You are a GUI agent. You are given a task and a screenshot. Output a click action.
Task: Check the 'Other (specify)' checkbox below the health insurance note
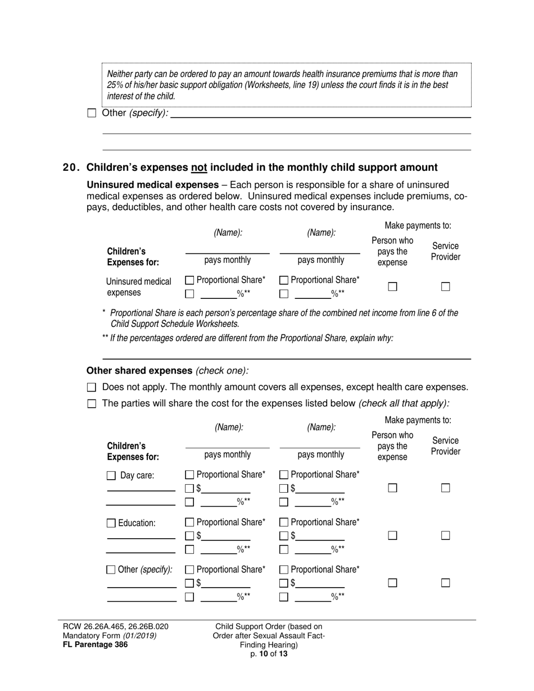click(92, 113)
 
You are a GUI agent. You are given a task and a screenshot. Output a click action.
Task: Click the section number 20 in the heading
click(71, 167)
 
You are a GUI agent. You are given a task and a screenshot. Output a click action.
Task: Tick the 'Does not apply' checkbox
click(92, 387)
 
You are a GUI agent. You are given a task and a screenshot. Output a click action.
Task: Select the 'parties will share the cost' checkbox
click(92, 403)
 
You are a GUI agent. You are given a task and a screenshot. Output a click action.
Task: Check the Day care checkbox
click(111, 476)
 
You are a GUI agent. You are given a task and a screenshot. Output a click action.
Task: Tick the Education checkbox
click(111, 523)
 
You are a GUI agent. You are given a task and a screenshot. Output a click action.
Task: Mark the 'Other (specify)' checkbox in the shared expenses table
click(111, 570)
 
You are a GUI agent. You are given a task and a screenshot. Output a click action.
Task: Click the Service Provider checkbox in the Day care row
click(445, 488)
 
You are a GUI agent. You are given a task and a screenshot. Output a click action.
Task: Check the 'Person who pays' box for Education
click(392, 535)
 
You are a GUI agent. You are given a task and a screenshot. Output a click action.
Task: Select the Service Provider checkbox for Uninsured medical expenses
click(445, 286)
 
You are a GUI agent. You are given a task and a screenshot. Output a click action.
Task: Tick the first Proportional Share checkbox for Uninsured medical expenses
click(189, 280)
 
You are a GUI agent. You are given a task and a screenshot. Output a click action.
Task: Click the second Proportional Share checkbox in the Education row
click(284, 522)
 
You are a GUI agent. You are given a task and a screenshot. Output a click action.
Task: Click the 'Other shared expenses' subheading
click(139, 370)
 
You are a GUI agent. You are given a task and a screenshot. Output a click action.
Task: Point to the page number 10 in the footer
click(263, 653)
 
